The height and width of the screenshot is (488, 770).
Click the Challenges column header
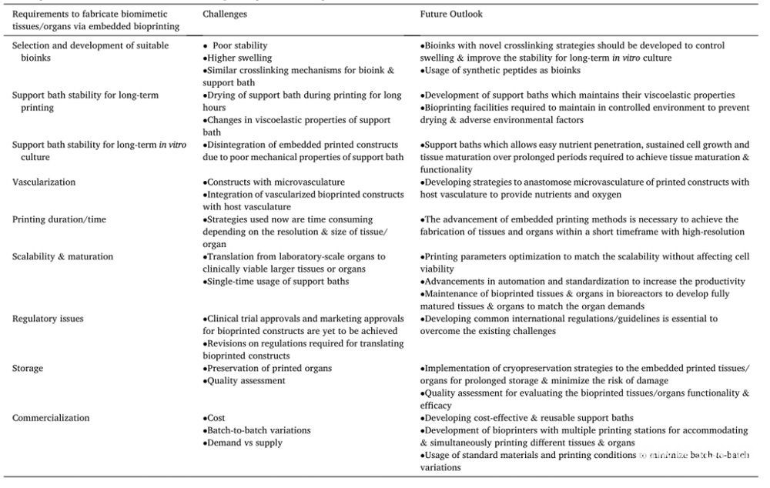pyautogui.click(x=225, y=15)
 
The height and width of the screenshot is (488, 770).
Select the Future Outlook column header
pyautogui.click(x=451, y=15)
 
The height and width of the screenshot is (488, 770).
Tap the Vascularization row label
pyautogui.click(x=44, y=182)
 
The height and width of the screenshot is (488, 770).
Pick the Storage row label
pyautogui.click(x=28, y=369)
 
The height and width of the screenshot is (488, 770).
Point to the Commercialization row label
pyautogui.click(x=51, y=418)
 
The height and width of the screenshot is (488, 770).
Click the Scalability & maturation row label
pyautogui.click(x=62, y=256)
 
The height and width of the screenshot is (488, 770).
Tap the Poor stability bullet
pyautogui.click(x=239, y=46)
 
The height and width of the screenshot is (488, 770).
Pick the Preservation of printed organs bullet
pyautogui.click(x=269, y=369)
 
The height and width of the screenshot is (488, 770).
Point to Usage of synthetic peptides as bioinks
pyautogui.click(x=500, y=71)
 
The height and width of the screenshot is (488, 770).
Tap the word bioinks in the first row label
pyautogui.click(x=35, y=58)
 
